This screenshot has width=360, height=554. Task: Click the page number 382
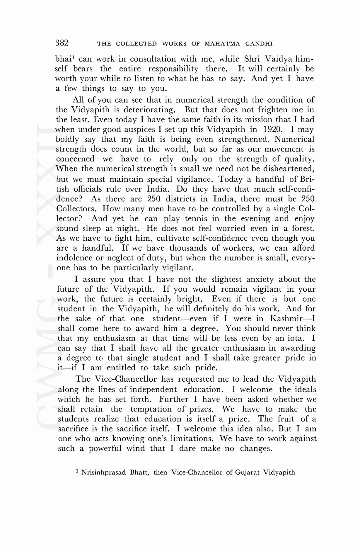point(62,43)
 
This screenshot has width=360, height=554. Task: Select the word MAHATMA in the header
point(222,44)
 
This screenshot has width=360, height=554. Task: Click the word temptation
point(151,409)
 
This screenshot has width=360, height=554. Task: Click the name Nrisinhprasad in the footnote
point(103,473)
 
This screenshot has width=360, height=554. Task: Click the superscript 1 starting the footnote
point(77,471)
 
